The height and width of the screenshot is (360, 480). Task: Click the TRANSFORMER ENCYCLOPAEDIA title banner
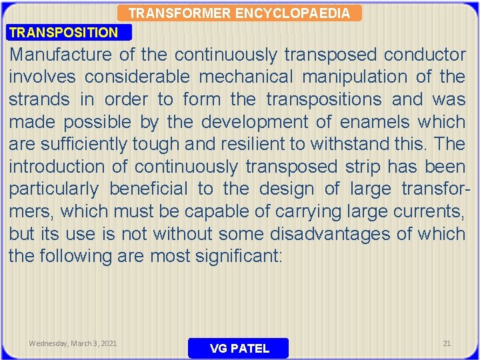pos(239,13)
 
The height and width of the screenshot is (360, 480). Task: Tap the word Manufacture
pos(62,55)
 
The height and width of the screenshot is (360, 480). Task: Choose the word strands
pos(39,99)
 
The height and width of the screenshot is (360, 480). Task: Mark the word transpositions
pos(324,99)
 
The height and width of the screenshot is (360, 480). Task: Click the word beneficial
pos(149,189)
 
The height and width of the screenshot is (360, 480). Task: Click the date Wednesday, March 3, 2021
pos(73,343)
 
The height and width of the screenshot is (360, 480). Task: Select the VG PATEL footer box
pos(239,348)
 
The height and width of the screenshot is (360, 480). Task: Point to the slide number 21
pos(447,343)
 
